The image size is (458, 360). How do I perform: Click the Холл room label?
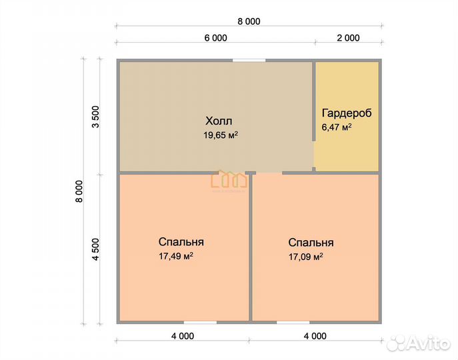tap(219, 121)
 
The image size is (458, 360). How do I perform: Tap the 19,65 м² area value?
tap(221, 135)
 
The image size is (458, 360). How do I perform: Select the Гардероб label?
tap(347, 113)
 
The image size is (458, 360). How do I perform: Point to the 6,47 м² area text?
tap(337, 127)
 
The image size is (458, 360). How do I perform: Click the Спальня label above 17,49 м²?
tap(181, 242)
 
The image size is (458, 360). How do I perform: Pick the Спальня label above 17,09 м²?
tap(311, 243)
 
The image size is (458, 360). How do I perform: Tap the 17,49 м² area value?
tap(176, 256)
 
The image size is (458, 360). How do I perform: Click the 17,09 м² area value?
tap(306, 257)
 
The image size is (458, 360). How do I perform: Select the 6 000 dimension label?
tap(215, 38)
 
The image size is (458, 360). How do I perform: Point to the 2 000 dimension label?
tap(348, 38)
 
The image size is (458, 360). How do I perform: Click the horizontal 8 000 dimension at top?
tap(249, 21)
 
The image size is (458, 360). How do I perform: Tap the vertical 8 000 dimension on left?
tap(79, 191)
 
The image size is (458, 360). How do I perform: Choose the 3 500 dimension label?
tap(96, 117)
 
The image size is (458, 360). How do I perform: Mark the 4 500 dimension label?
tap(96, 249)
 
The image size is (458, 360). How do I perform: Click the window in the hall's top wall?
tap(249, 61)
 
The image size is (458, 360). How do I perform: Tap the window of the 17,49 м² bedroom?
tap(200, 322)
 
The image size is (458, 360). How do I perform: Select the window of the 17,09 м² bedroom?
tap(293, 322)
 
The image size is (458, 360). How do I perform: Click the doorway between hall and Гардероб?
tap(313, 154)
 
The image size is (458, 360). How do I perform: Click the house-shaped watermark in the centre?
tap(229, 179)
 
